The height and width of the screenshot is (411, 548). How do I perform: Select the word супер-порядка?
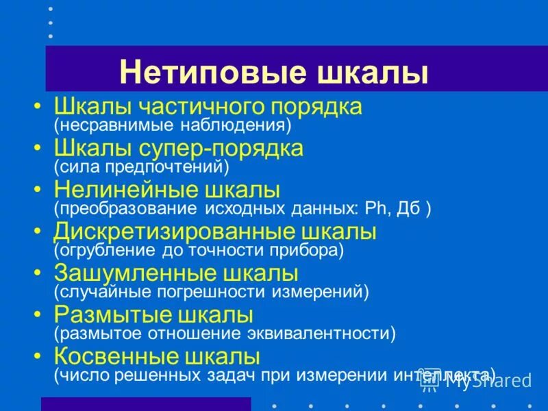[x=235, y=149]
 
